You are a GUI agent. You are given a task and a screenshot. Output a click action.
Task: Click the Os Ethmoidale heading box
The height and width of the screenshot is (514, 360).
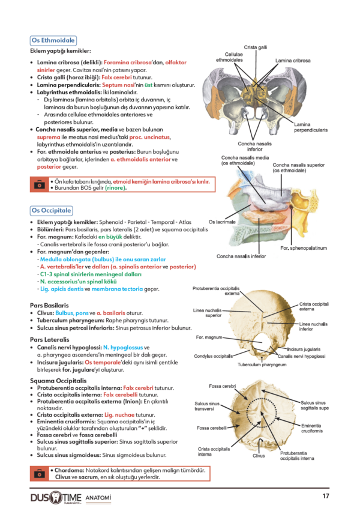pos(53,40)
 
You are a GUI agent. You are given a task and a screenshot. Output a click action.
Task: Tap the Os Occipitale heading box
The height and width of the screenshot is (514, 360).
pos(51,210)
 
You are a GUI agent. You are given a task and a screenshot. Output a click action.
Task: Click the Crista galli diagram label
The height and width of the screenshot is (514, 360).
pos(256,47)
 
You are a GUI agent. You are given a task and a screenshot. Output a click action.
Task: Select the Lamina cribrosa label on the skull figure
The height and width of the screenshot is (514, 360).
pos(293,61)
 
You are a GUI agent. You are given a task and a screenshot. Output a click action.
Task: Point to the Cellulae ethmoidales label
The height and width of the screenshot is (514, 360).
pos(230,57)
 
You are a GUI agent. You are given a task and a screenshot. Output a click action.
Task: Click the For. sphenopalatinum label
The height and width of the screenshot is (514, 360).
pos(304,248)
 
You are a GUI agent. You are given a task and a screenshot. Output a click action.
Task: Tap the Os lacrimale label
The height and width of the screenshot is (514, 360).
pos(222,222)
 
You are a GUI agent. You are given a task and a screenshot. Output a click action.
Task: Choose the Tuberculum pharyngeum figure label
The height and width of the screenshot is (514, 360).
pos(262,364)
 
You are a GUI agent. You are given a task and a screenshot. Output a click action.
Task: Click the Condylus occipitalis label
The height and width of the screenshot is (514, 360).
pos(214,356)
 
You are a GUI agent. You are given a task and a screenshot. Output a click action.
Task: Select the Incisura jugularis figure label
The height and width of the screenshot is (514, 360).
pos(304,349)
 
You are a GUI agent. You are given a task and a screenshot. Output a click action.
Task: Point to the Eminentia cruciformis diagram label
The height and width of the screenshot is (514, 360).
pos(312,428)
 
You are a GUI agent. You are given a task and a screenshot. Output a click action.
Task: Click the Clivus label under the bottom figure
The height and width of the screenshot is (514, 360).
pos(259,456)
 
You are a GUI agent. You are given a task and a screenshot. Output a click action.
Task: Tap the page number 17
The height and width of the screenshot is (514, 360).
pos(326,496)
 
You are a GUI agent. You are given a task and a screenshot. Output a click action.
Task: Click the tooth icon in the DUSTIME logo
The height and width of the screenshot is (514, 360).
pos(56,497)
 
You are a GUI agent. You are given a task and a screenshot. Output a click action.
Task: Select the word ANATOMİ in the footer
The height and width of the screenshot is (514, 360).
pos(98,498)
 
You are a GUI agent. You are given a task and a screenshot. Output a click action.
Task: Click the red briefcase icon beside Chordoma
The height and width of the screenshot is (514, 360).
pos(40,474)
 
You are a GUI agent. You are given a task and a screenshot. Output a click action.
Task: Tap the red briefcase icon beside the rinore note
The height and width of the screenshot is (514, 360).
pos(40,184)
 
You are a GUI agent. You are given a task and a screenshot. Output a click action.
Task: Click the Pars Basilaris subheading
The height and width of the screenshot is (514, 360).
pos(49,306)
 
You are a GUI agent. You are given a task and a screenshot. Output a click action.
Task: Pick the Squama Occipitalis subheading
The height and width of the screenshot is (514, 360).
pos(58,381)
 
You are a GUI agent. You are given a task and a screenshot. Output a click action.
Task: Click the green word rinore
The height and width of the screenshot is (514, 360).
pos(115,188)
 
